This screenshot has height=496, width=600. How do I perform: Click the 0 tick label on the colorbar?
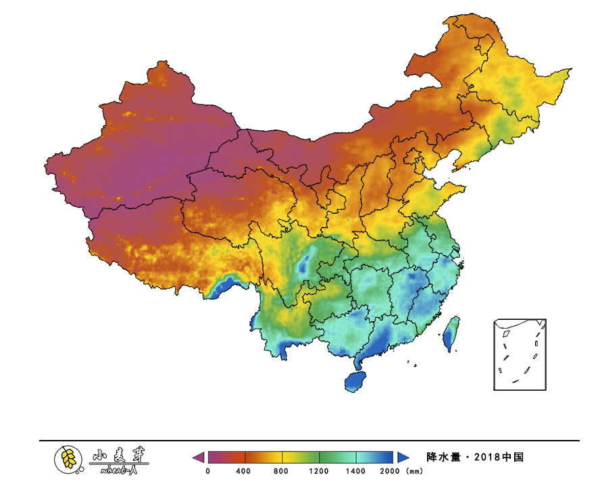207,471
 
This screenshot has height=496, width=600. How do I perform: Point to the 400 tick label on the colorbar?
244,471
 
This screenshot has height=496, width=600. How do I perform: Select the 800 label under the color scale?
281,471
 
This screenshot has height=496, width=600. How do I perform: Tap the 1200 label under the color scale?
319,471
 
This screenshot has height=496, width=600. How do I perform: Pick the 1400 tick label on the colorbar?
356,471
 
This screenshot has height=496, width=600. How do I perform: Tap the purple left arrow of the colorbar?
198,458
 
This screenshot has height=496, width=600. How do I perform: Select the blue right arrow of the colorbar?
403,458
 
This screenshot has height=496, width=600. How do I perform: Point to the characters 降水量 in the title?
443,458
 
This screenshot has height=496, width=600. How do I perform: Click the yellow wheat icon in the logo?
68,459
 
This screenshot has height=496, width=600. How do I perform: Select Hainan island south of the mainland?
355,381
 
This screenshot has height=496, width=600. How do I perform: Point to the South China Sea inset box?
520,354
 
